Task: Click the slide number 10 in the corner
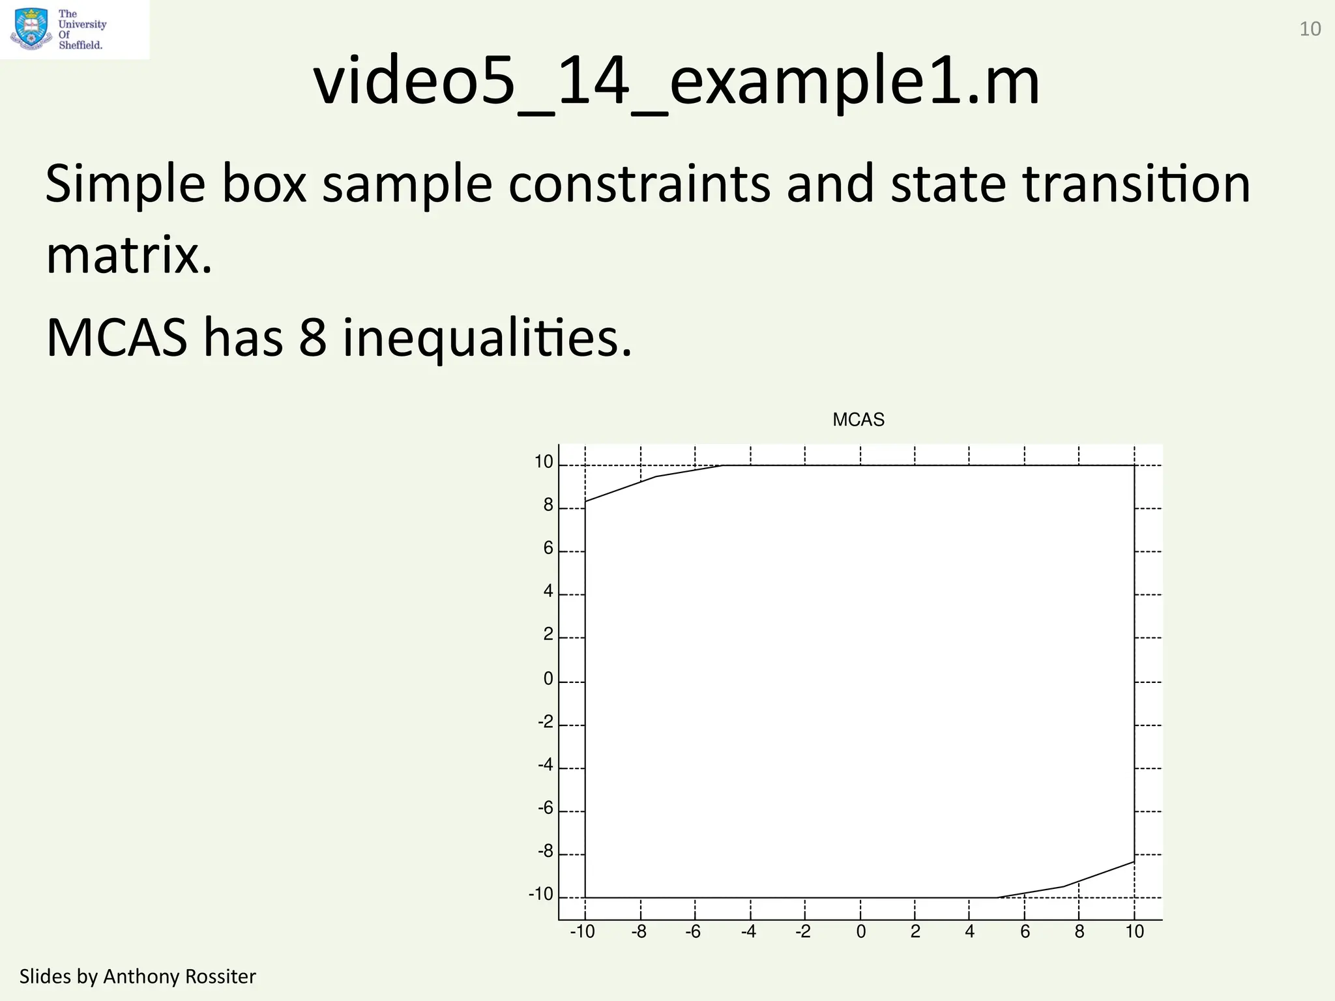(x=1310, y=29)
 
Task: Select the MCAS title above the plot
(x=858, y=420)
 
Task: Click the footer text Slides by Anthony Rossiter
(x=138, y=976)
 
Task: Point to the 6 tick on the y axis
(x=548, y=548)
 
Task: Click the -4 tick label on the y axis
(x=546, y=764)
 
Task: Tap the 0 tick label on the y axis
(x=548, y=679)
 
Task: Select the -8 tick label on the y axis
(x=546, y=851)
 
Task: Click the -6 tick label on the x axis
(x=693, y=932)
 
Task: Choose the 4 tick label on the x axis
(x=970, y=932)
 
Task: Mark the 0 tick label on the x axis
(x=861, y=932)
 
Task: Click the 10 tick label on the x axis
(x=1135, y=932)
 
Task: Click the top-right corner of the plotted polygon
(x=1134, y=465)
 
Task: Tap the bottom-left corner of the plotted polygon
(x=585, y=897)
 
